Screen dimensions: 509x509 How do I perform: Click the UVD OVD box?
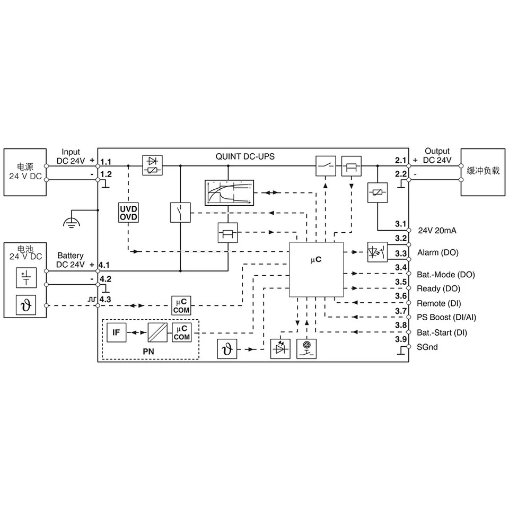(128, 213)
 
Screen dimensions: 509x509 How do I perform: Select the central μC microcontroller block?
(316, 269)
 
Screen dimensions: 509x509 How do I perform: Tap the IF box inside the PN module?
(116, 332)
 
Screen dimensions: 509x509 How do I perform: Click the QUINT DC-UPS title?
(245, 156)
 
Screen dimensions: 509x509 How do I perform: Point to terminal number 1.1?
(106, 162)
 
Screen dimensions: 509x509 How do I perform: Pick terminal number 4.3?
(105, 299)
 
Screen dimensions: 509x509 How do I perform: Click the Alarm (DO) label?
(438, 252)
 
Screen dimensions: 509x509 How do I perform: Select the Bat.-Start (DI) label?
(442, 333)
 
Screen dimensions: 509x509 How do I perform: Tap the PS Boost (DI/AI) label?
(446, 318)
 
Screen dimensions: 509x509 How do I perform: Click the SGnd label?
(427, 347)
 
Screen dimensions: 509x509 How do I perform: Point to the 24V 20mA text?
(437, 231)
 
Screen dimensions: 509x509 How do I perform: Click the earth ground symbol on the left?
(72, 222)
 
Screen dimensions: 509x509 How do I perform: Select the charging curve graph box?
(229, 193)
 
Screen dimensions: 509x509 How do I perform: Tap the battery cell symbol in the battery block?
(27, 278)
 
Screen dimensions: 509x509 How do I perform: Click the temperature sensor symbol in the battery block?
(26, 305)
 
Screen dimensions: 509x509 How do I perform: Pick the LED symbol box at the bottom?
(280, 349)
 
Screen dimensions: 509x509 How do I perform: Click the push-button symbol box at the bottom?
(307, 349)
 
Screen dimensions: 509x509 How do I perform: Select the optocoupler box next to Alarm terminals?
(378, 252)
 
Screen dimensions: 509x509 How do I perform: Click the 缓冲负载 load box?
(483, 172)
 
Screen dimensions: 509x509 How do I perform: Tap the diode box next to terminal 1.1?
(153, 165)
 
